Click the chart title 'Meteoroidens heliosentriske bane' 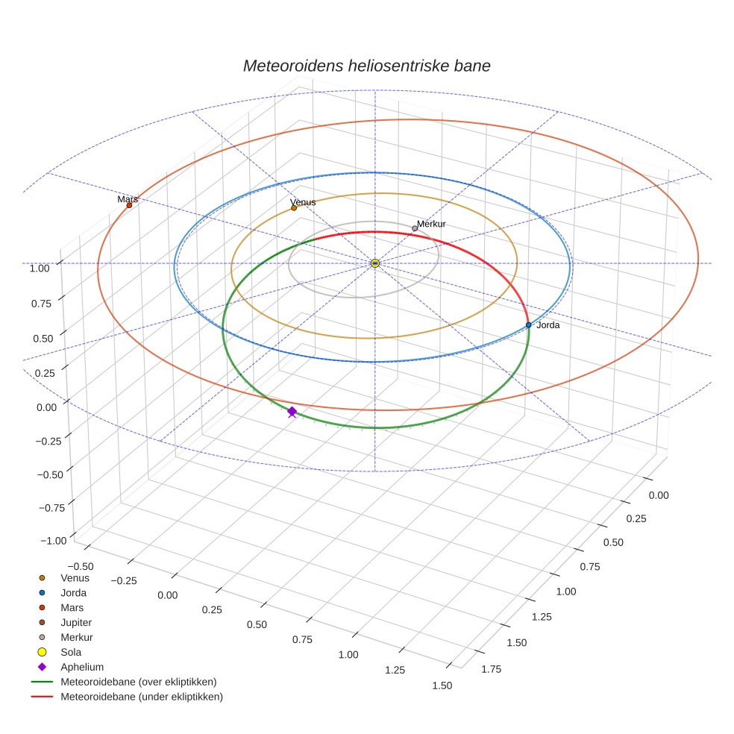point(366,66)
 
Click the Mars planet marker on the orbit point(129,205)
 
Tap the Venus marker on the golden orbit point(294,208)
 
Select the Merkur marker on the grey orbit point(415,228)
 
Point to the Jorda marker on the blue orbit point(528,324)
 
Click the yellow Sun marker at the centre point(375,263)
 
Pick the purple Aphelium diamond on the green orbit point(292,411)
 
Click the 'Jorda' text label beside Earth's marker point(548,325)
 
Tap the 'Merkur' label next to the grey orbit point(431,224)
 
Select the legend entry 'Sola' point(71,652)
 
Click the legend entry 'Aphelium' point(81,667)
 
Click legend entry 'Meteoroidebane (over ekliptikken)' point(138,682)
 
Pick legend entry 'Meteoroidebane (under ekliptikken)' point(141,697)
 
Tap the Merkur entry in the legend point(76,637)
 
